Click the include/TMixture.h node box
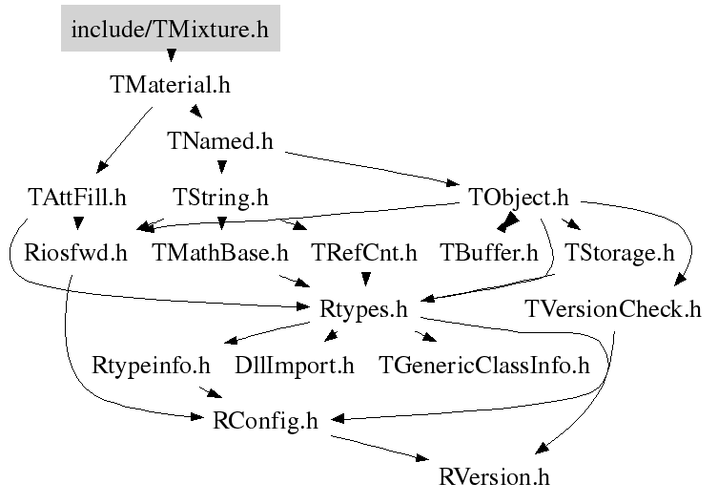[171, 29]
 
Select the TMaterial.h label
[170, 85]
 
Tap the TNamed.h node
[220, 140]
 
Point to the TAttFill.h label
[77, 198]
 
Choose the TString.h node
[220, 198]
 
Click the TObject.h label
[519, 198]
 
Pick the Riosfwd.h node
[75, 253]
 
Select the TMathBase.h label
[220, 253]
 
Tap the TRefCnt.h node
[364, 253]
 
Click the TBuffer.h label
[489, 253]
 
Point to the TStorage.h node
[620, 253]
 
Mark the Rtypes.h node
[363, 309]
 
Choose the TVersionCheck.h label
[613, 309]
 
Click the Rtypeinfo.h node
[151, 366]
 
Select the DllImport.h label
[295, 366]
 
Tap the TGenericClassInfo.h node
[484, 366]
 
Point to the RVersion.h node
[494, 477]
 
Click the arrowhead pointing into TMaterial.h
[171, 55]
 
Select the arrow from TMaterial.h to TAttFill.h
[125, 140]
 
